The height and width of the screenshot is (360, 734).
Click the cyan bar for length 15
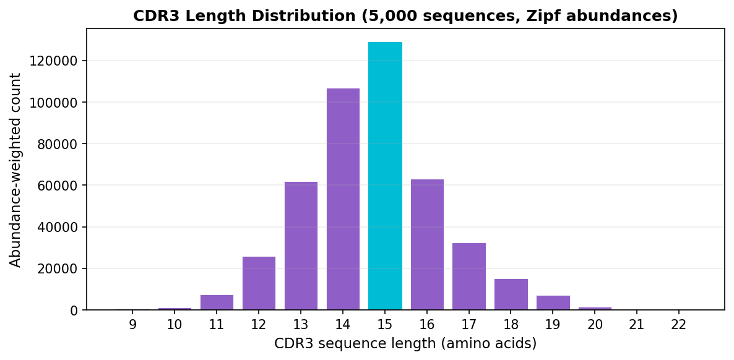[385, 176]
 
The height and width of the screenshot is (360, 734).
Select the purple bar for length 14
[343, 199]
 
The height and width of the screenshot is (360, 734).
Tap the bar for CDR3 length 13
[301, 246]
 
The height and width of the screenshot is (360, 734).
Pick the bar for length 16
[427, 244]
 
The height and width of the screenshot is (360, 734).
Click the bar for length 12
[259, 283]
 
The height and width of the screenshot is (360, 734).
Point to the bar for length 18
[511, 294]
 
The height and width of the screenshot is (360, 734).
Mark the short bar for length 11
[217, 302]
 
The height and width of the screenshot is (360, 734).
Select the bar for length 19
[553, 303]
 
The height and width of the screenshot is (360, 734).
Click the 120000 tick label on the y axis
[56, 61]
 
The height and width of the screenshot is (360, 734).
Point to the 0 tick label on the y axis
[75, 311]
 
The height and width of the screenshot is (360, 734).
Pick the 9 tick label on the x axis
[132, 324]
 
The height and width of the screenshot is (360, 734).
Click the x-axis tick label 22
[679, 324]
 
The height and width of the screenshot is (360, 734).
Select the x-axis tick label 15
[385, 324]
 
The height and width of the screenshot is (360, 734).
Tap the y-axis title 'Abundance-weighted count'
[16, 170]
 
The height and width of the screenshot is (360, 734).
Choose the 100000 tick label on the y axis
[56, 103]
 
